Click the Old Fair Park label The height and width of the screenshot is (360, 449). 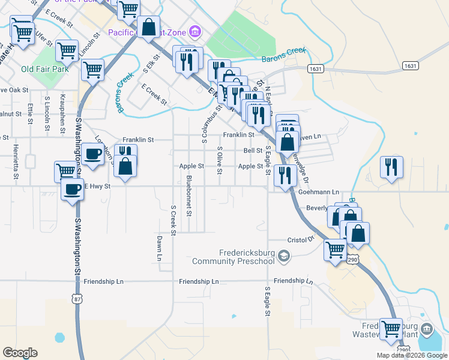[44, 69]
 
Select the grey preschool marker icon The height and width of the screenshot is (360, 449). [284, 257]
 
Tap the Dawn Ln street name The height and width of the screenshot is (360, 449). [160, 248]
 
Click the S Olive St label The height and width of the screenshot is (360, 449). [220, 161]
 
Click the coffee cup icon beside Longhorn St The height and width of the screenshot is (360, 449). [92, 154]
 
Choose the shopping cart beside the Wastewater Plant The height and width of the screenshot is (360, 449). [391, 328]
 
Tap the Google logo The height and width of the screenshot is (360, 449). [20, 353]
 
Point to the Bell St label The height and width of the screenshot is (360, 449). [253, 151]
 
